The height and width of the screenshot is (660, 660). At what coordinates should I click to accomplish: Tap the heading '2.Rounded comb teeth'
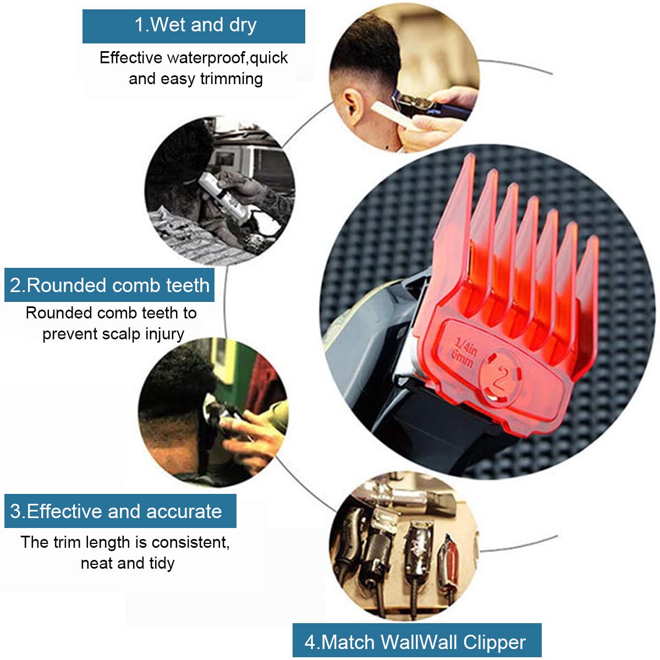pyautogui.click(x=109, y=285)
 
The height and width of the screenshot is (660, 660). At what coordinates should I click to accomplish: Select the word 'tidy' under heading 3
pyautogui.click(x=162, y=563)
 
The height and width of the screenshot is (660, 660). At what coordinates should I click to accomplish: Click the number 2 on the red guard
pyautogui.click(x=499, y=378)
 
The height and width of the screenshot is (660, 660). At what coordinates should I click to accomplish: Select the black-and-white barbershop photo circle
pyautogui.click(x=220, y=190)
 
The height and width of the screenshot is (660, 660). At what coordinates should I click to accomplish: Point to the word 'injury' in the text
pyautogui.click(x=164, y=334)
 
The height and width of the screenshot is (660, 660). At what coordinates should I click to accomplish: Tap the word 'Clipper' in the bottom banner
pyautogui.click(x=494, y=642)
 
